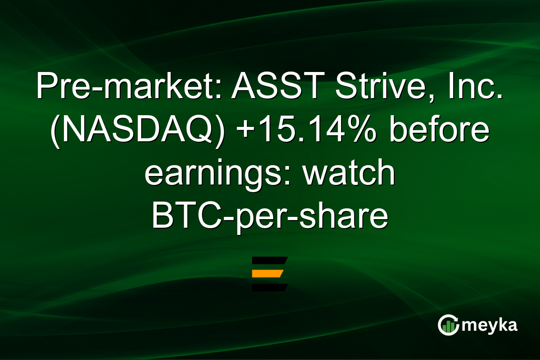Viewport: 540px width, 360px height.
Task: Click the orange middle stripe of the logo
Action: pyautogui.click(x=268, y=274)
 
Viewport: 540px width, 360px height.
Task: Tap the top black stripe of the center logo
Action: pyautogui.click(x=269, y=260)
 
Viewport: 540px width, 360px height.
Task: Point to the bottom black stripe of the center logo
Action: pyautogui.click(x=269, y=288)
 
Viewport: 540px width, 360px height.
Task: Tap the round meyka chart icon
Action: pyautogui.click(x=449, y=325)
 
